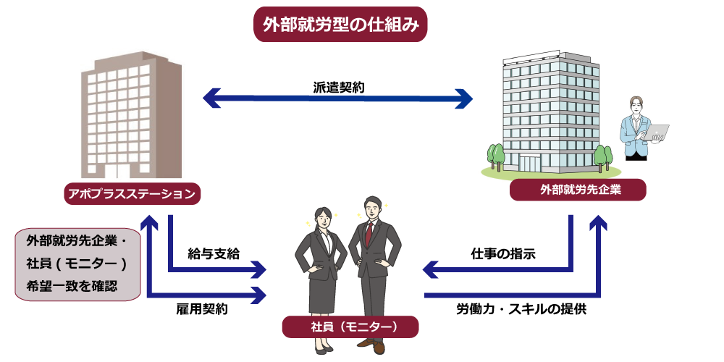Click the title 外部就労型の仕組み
click(x=340, y=25)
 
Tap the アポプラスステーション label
click(x=132, y=193)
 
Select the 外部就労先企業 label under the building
click(x=577, y=190)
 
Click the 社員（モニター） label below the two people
click(x=350, y=327)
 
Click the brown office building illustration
click(x=129, y=114)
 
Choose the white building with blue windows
click(x=550, y=112)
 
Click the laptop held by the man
click(x=656, y=132)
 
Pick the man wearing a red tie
click(x=374, y=268)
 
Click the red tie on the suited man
click(x=369, y=233)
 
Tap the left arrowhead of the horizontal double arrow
click(x=211, y=98)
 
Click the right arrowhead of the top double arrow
click(x=463, y=98)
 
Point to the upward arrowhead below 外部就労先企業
click(x=598, y=222)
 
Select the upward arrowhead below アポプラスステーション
click(x=149, y=222)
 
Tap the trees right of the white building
click(x=602, y=156)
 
